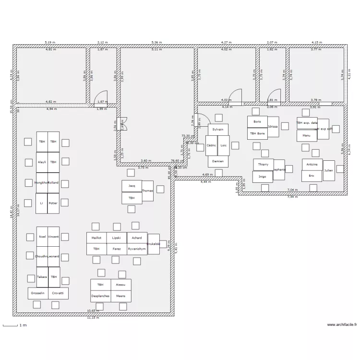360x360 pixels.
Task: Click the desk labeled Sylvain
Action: pyautogui.click(x=218, y=130)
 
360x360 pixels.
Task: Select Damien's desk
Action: pyautogui.click(x=218, y=162)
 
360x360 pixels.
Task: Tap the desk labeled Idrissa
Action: pyautogui.click(x=273, y=127)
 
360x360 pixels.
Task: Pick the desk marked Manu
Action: pyautogui.click(x=306, y=136)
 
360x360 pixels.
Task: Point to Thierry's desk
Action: pyautogui.click(x=263, y=165)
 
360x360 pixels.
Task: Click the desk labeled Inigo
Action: pyautogui.click(x=263, y=177)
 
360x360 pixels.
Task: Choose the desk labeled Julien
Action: pyautogui.click(x=329, y=171)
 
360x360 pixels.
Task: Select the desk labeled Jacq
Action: pyautogui.click(x=132, y=186)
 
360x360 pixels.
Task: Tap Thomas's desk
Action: pyautogui.click(x=147, y=191)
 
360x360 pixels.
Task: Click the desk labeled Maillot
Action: pyautogui.click(x=96, y=238)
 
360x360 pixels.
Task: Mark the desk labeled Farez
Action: pyautogui.click(x=117, y=249)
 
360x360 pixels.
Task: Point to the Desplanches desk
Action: pyautogui.click(x=100, y=296)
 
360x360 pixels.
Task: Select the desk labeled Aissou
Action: pyautogui.click(x=120, y=285)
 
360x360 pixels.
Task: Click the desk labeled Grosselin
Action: pyautogui.click(x=38, y=293)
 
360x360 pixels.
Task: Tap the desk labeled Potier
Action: pyautogui.click(x=53, y=204)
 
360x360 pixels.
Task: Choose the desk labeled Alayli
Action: pyautogui.click(x=42, y=162)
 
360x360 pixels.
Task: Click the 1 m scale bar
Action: pyautogui.click(x=12, y=326)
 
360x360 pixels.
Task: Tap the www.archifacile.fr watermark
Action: pyautogui.click(x=342, y=325)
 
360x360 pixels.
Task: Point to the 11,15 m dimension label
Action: pyautogui.click(x=93, y=318)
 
